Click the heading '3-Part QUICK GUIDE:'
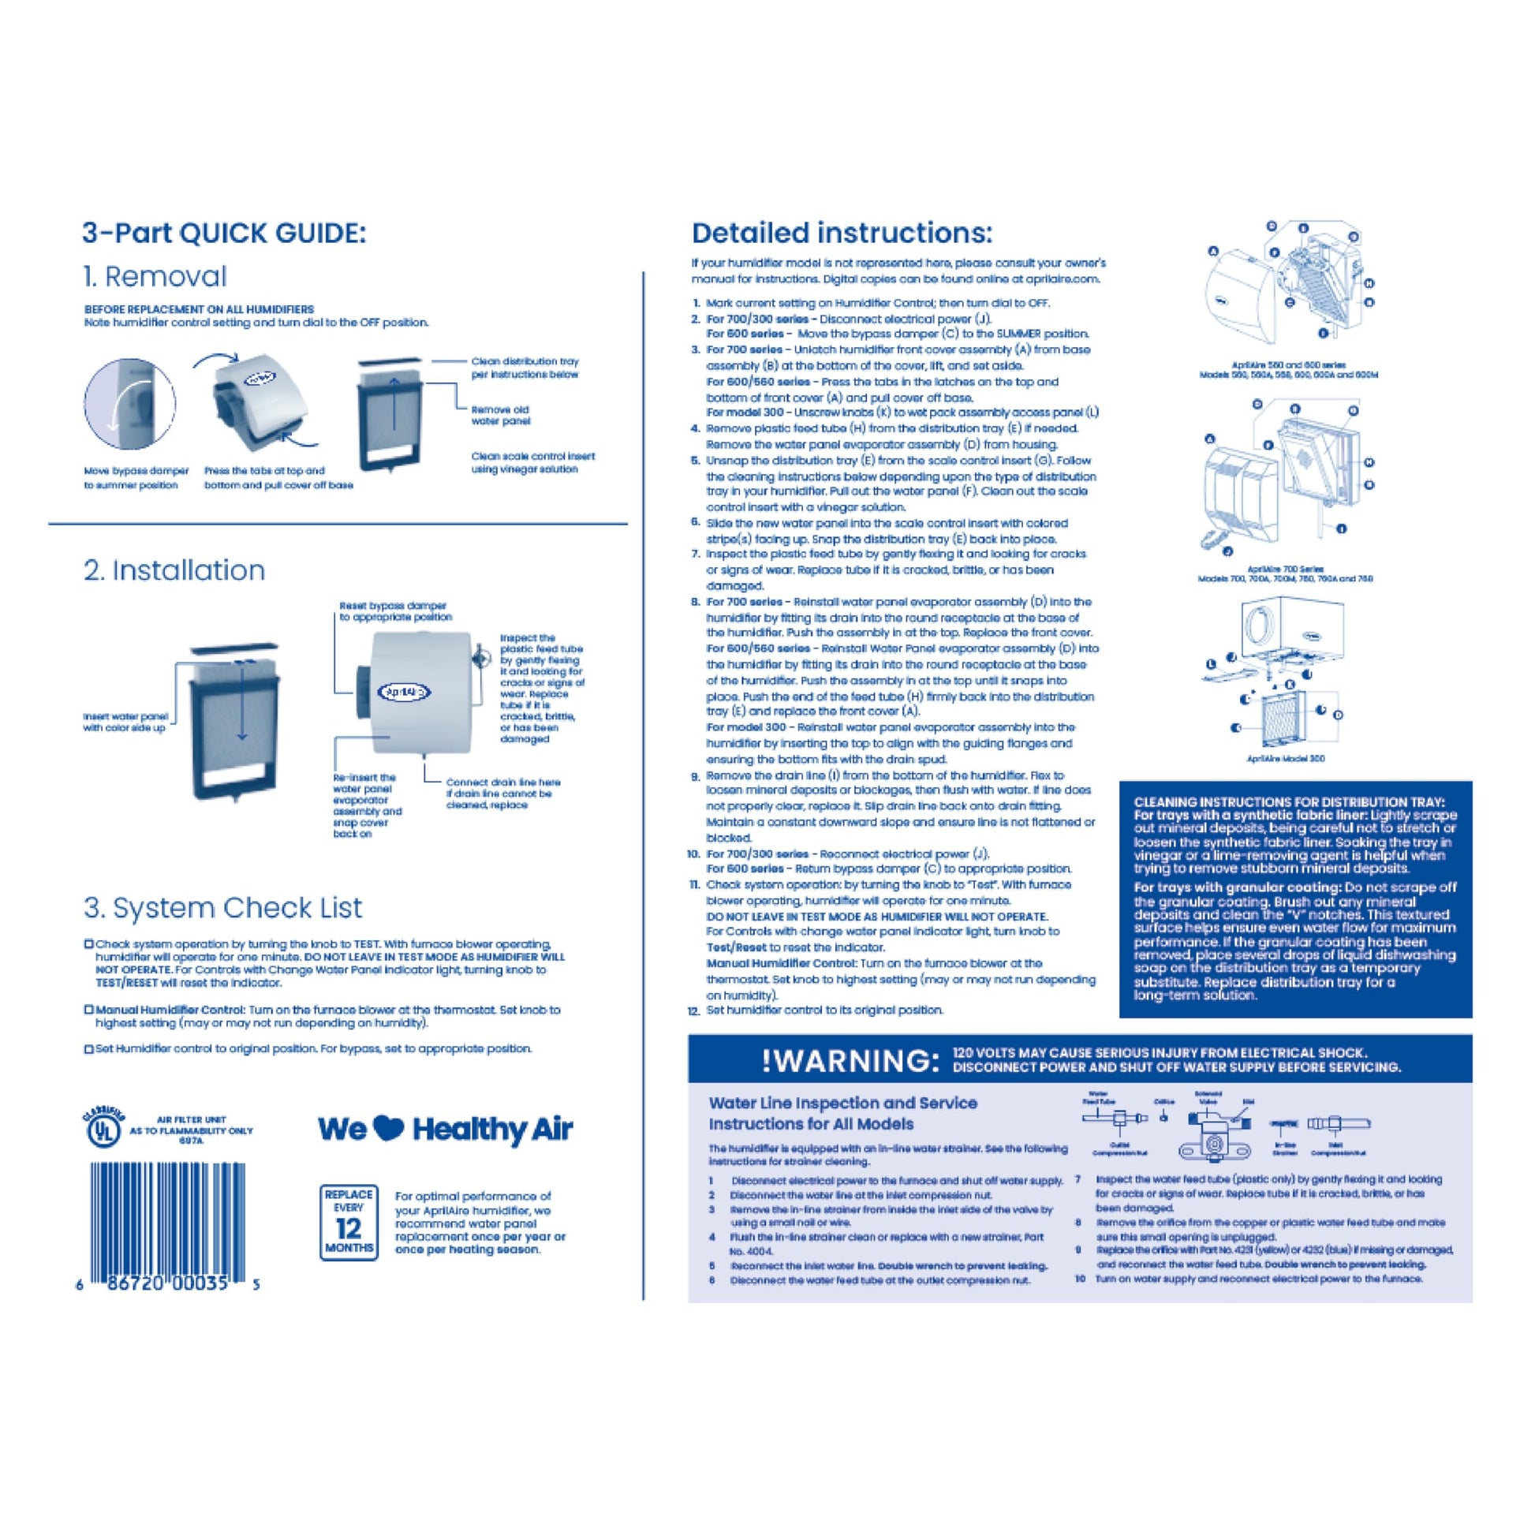pyautogui.click(x=224, y=233)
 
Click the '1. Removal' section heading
pyautogui.click(x=155, y=277)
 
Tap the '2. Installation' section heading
pyautogui.click(x=174, y=570)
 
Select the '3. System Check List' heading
pyautogui.click(x=222, y=907)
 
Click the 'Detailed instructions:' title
pyautogui.click(x=842, y=233)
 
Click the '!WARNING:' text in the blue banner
pyautogui.click(x=846, y=1061)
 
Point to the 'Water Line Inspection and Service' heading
pyautogui.click(x=842, y=1103)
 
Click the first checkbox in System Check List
pyautogui.click(x=89, y=944)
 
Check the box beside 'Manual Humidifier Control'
pyautogui.click(x=89, y=1010)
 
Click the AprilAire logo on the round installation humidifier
pyautogui.click(x=405, y=691)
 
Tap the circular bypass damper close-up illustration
pyautogui.click(x=118, y=404)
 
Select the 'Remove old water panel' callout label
pyautogui.click(x=500, y=415)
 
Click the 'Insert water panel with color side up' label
pyautogui.click(x=125, y=723)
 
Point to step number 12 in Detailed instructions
pyautogui.click(x=693, y=1011)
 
